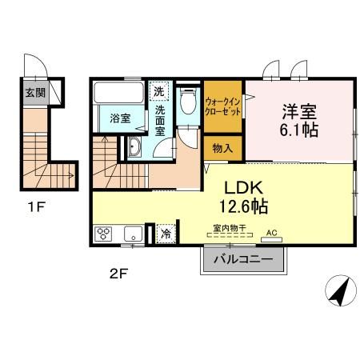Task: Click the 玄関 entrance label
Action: tap(35, 93)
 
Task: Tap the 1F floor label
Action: tap(37, 207)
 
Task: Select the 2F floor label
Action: tap(119, 274)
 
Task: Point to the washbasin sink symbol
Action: tap(134, 146)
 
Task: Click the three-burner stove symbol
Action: tap(103, 234)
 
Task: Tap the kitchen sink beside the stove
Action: tap(133, 234)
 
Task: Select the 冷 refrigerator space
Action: tap(166, 234)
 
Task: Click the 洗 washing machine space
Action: tap(159, 91)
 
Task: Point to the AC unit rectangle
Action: tap(271, 240)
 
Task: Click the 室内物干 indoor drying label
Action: tap(230, 228)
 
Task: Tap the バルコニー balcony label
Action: tap(243, 259)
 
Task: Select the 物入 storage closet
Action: tap(223, 148)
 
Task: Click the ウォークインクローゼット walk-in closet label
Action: tap(223, 106)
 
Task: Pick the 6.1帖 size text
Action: tap(298, 130)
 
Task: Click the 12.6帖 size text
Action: tap(243, 206)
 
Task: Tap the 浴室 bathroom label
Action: tap(120, 118)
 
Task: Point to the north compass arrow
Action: tap(341, 291)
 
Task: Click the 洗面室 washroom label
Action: tap(160, 121)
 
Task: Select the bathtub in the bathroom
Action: tap(119, 93)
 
